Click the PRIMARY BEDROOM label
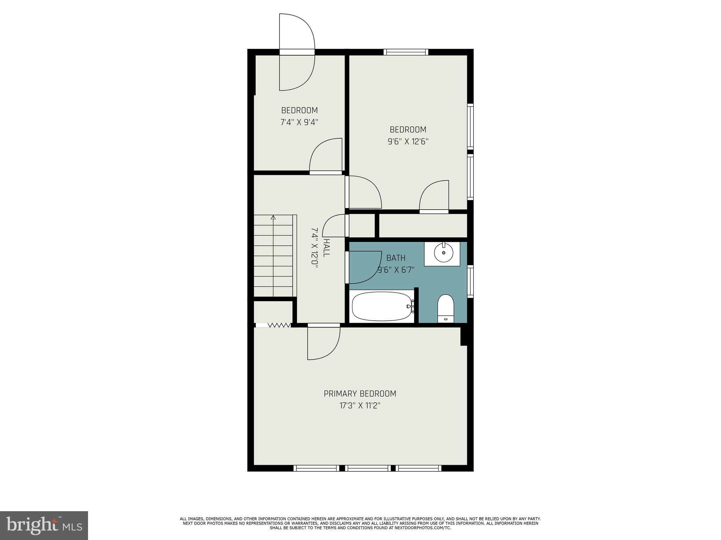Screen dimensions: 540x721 click(x=360, y=393)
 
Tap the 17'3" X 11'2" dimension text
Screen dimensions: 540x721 click(x=360, y=406)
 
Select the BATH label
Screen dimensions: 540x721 click(x=396, y=258)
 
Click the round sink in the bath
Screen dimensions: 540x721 click(x=443, y=253)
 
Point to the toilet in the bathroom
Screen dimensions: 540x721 click(x=446, y=308)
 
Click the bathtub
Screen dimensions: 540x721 click(x=382, y=306)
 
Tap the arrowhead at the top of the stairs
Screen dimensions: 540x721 click(x=273, y=217)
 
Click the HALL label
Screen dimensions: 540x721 click(x=326, y=248)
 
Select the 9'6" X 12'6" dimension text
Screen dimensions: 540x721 click(x=408, y=142)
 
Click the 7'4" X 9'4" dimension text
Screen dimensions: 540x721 click(x=299, y=123)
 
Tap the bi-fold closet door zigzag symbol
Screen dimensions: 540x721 click(x=279, y=325)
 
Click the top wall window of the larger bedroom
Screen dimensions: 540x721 click(x=406, y=52)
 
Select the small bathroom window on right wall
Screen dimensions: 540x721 click(x=470, y=281)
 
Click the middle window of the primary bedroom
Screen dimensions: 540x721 click(x=368, y=468)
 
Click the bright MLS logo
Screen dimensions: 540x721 click(x=44, y=526)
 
